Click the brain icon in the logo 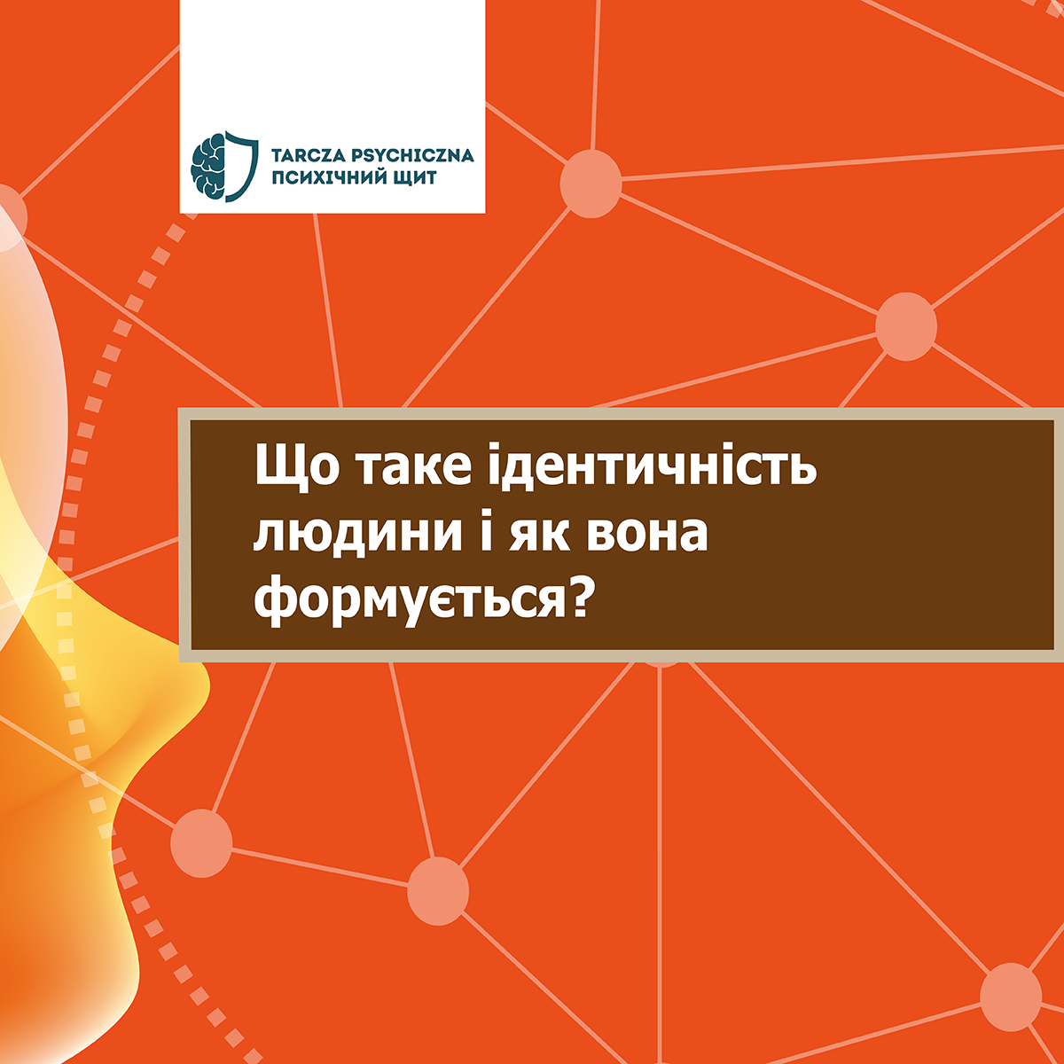pos(208,167)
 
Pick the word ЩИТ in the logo pos(415,178)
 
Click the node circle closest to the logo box pos(591,184)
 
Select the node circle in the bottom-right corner pos(1011,997)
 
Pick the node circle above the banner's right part pos(906,326)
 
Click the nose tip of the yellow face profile pos(208,687)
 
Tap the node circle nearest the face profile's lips pos(201,844)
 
